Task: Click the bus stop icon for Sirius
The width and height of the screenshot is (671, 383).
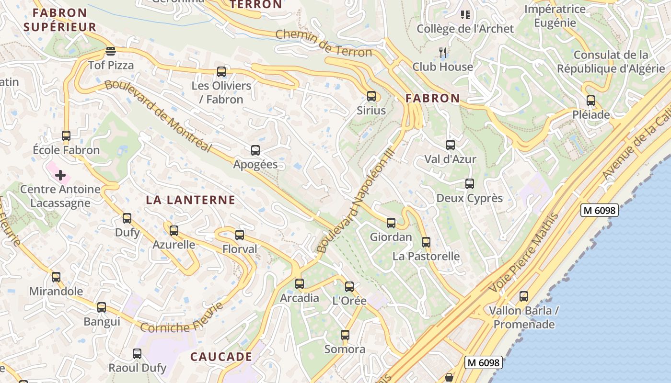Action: (x=371, y=96)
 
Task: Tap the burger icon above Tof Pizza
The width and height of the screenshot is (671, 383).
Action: (x=111, y=51)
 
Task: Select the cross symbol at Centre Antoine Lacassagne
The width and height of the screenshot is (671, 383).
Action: (x=60, y=175)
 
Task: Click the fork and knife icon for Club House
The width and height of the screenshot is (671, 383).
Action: (x=443, y=52)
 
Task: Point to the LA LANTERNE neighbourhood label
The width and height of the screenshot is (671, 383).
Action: (x=190, y=200)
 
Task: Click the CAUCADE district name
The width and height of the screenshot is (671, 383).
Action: (x=221, y=357)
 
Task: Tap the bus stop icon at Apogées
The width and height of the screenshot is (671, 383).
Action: (x=255, y=150)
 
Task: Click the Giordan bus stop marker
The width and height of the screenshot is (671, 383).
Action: (x=391, y=223)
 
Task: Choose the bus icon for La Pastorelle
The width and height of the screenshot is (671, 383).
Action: (x=426, y=242)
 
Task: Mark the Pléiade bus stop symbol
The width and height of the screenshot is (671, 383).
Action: (x=591, y=101)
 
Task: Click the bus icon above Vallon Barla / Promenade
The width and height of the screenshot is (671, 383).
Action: (x=524, y=296)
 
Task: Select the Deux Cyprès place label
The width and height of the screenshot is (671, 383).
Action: (x=469, y=198)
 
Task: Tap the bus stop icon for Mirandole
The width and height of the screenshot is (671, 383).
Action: (x=56, y=277)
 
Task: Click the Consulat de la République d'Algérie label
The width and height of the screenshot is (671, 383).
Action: (x=611, y=62)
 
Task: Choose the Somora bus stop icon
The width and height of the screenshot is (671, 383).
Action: (x=345, y=335)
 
